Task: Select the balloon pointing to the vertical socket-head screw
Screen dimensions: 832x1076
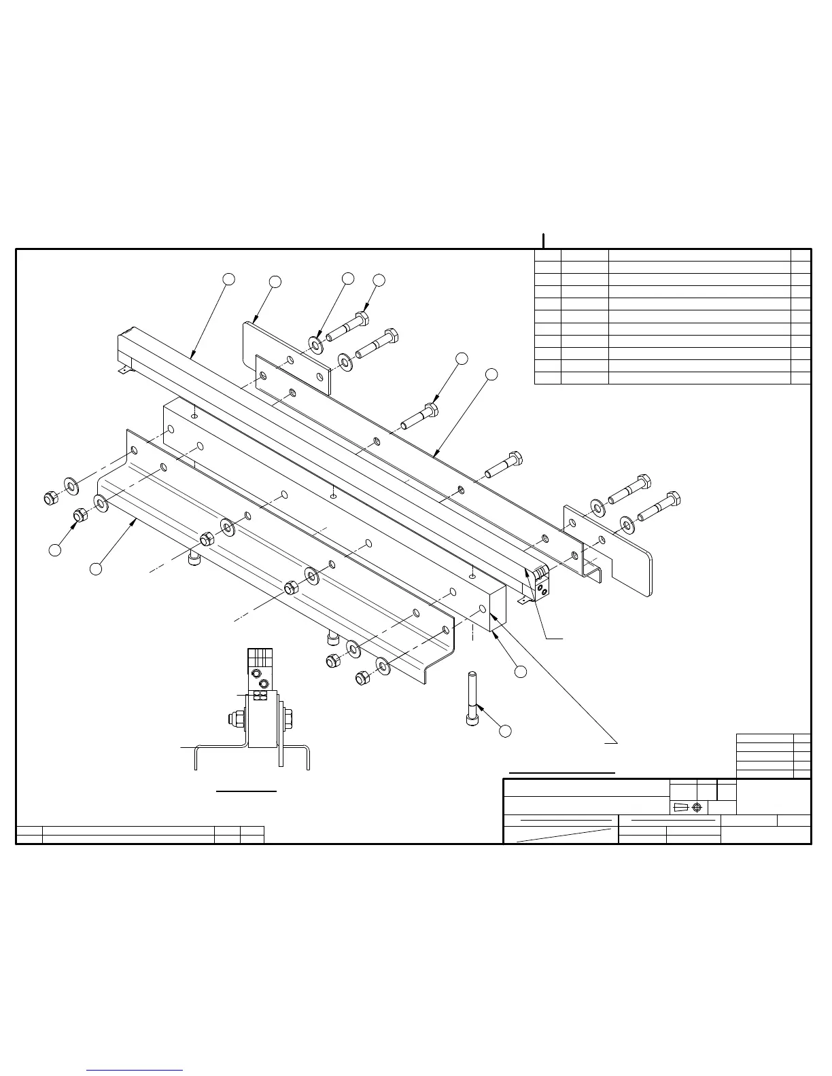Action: click(x=504, y=731)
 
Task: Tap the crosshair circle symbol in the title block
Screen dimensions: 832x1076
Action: click(x=696, y=807)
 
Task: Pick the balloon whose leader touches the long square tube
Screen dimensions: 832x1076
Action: click(x=229, y=279)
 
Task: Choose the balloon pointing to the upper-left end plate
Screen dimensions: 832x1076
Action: click(x=275, y=281)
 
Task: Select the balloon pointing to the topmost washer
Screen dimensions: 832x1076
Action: click(x=347, y=278)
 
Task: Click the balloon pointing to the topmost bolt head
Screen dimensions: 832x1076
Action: click(x=379, y=279)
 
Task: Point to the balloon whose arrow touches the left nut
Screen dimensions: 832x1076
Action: click(x=55, y=550)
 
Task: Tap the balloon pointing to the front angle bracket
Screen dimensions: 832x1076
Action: click(x=96, y=568)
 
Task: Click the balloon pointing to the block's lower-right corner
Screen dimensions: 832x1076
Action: click(x=520, y=671)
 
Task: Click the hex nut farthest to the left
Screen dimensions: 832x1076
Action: click(x=50, y=499)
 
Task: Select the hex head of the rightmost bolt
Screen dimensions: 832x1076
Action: click(x=674, y=499)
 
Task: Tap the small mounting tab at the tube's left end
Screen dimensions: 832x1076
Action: click(x=123, y=370)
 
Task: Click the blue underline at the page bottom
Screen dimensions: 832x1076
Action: click(x=135, y=1070)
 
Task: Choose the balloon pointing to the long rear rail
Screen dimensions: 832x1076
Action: click(x=491, y=374)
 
